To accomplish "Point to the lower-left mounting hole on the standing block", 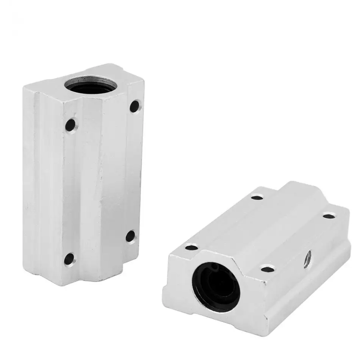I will click(69, 259).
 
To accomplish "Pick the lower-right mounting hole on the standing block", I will click(131, 236).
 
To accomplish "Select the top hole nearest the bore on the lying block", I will click(192, 247).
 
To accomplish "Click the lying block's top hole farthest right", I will click(329, 216).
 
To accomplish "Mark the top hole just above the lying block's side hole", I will click(268, 269).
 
